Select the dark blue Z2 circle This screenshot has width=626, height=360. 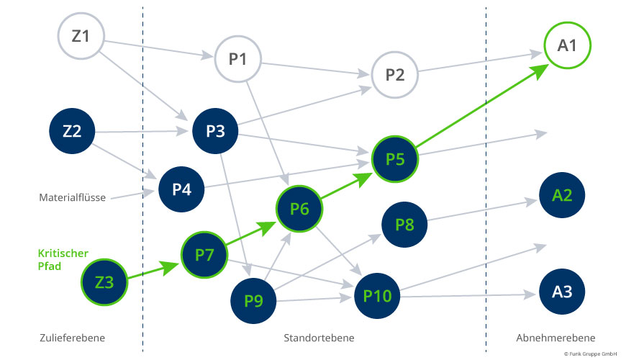pyautogui.click(x=72, y=131)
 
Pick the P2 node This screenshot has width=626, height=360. pyautogui.click(x=394, y=74)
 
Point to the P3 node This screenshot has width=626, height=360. pyautogui.click(x=215, y=131)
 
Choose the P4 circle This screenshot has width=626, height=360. pyautogui.click(x=181, y=190)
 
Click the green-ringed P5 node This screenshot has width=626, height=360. pyautogui.click(x=394, y=159)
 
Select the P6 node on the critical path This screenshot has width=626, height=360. pyautogui.click(x=299, y=210)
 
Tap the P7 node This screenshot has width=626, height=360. pyautogui.click(x=204, y=254)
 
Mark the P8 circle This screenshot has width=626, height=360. pyautogui.click(x=405, y=225)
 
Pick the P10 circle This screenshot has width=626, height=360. pyautogui.click(x=376, y=294)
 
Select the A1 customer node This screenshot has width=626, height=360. pyautogui.click(x=567, y=47)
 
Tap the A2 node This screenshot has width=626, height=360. pyautogui.click(x=562, y=194)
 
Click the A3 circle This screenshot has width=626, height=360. pyautogui.click(x=562, y=292)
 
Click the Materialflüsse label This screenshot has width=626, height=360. pyautogui.click(x=72, y=197)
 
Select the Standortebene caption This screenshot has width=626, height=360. pyautogui.click(x=319, y=338)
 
